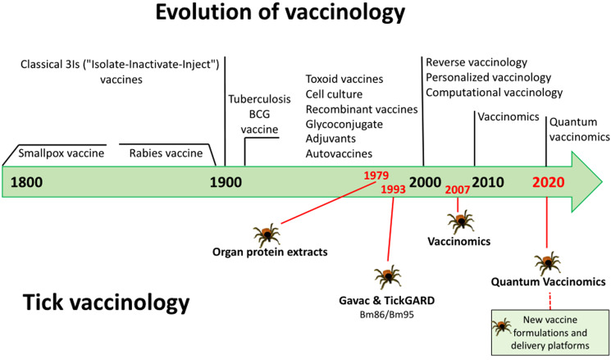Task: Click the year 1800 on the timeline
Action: point(26,182)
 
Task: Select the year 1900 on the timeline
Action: point(226,182)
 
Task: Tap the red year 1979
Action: point(376,175)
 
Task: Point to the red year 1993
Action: point(393,189)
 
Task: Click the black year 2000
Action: point(425,182)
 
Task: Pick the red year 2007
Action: point(458,189)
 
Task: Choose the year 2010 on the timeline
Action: point(488,182)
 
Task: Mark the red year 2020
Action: point(549,182)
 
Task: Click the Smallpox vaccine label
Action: point(62,153)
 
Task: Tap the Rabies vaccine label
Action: point(166,153)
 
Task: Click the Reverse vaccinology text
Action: point(476,62)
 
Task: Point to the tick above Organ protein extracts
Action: point(267,235)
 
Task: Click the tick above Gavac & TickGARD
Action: point(388,276)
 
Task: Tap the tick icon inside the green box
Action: point(501,326)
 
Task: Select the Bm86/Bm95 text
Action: point(388,314)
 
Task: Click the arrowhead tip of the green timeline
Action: point(602,182)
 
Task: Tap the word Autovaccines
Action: point(339,153)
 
